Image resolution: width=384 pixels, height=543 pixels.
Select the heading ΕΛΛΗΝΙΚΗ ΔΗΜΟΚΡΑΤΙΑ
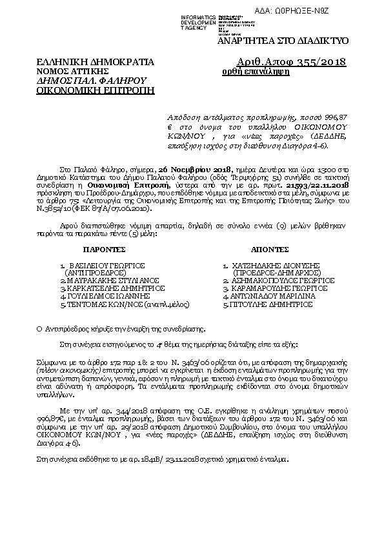click(x=96, y=62)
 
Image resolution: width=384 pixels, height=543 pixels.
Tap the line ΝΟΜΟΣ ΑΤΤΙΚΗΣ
click(x=72, y=71)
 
